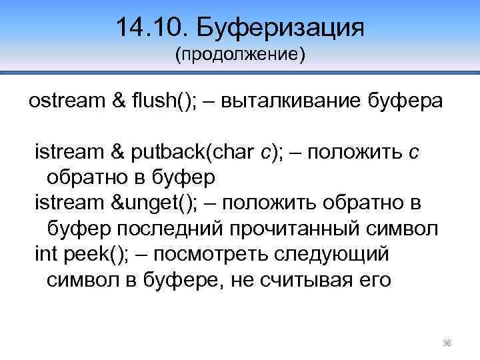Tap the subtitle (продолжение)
(239, 55)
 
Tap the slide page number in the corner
(447, 343)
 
